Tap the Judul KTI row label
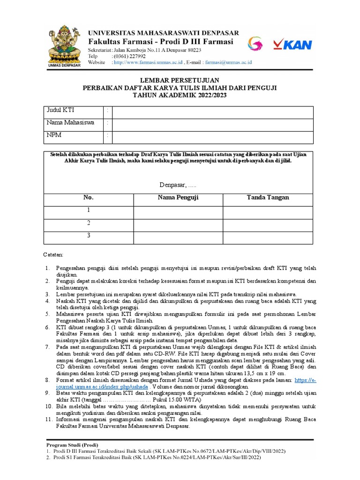click(60, 110)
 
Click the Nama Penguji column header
click(178, 197)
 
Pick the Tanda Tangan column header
click(268, 197)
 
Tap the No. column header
click(89, 197)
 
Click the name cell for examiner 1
click(178, 212)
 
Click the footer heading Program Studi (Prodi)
click(72, 444)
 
